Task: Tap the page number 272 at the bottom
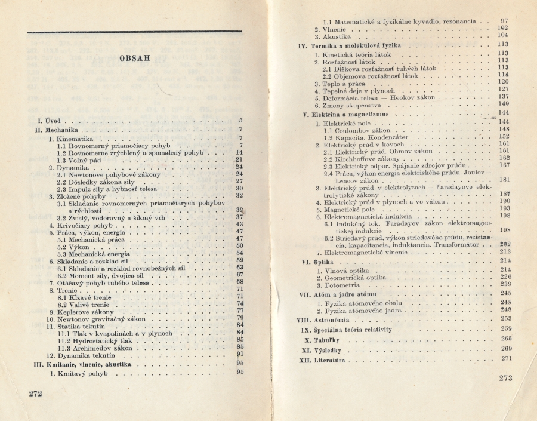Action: tap(36, 393)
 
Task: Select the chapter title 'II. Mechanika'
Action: tap(58, 129)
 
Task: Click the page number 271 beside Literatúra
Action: tap(507, 358)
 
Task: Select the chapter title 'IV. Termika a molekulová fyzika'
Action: tap(350, 45)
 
